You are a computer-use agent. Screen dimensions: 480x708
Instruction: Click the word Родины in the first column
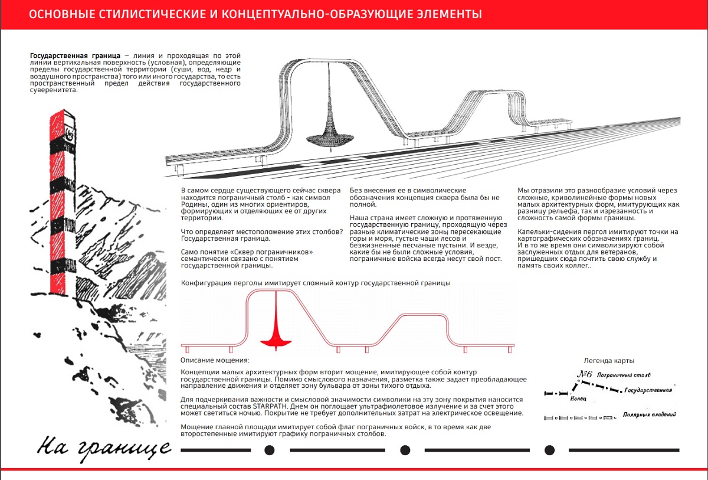195,204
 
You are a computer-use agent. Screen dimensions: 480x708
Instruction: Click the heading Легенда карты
609,361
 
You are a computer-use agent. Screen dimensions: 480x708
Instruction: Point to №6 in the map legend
585,374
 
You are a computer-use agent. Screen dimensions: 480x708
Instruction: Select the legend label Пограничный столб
624,375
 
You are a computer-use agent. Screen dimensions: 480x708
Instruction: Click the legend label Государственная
648,391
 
